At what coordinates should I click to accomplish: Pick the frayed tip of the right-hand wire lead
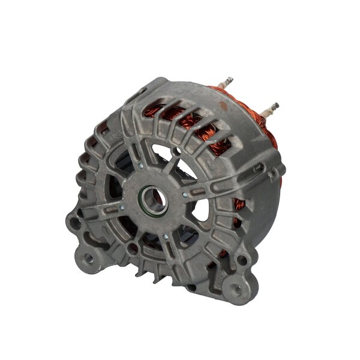[278, 105]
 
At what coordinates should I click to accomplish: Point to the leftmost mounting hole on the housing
[74, 223]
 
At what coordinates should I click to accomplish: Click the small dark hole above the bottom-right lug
[243, 260]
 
